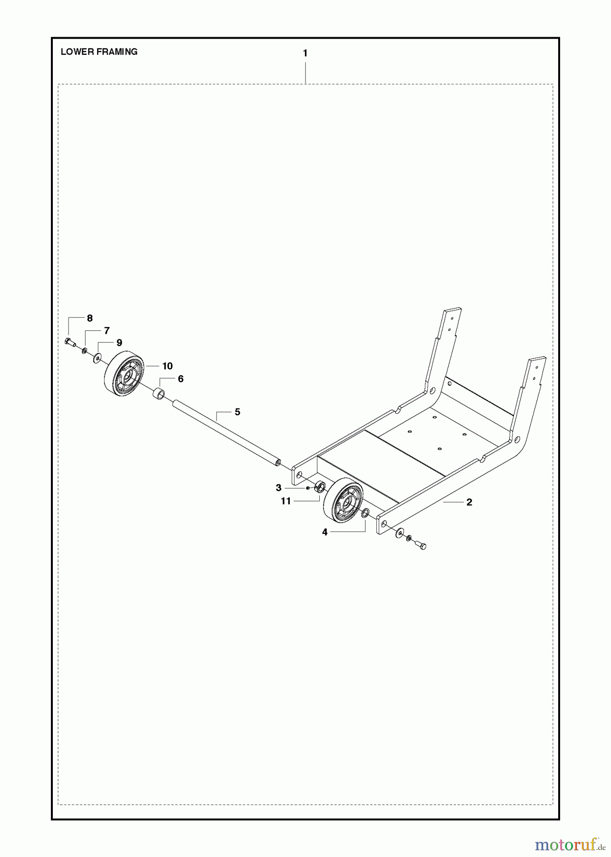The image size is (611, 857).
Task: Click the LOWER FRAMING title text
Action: coord(99,52)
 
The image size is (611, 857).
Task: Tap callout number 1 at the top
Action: coord(305,53)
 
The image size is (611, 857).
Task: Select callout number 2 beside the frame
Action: coord(469,502)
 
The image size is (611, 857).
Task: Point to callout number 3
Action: coord(279,488)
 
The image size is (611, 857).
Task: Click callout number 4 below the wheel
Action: coord(325,532)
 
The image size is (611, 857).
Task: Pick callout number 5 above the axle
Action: coord(237,412)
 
